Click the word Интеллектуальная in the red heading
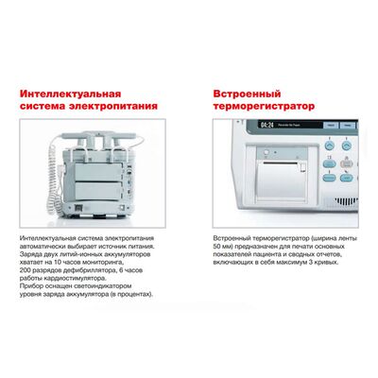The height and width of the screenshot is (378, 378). coord(71,94)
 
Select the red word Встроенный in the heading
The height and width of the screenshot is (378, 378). coord(247,94)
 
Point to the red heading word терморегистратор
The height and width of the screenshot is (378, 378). coord(264,106)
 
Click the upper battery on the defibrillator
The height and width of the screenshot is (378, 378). coord(97,171)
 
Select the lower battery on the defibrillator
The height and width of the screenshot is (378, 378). coord(97,191)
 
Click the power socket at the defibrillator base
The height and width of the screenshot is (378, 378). coord(78,208)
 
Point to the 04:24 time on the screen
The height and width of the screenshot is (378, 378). coord(266,126)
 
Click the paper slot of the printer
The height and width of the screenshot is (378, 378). coord(281,163)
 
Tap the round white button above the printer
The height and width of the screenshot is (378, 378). coord(266,152)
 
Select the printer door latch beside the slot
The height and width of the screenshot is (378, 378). coord(302,167)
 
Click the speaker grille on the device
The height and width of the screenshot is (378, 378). coord(346,201)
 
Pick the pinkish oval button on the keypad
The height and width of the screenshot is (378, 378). coord(346,163)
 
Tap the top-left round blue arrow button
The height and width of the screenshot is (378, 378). coord(330,146)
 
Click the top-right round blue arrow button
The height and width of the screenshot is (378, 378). coord(347,146)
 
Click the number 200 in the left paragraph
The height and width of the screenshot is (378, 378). coord(25,270)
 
